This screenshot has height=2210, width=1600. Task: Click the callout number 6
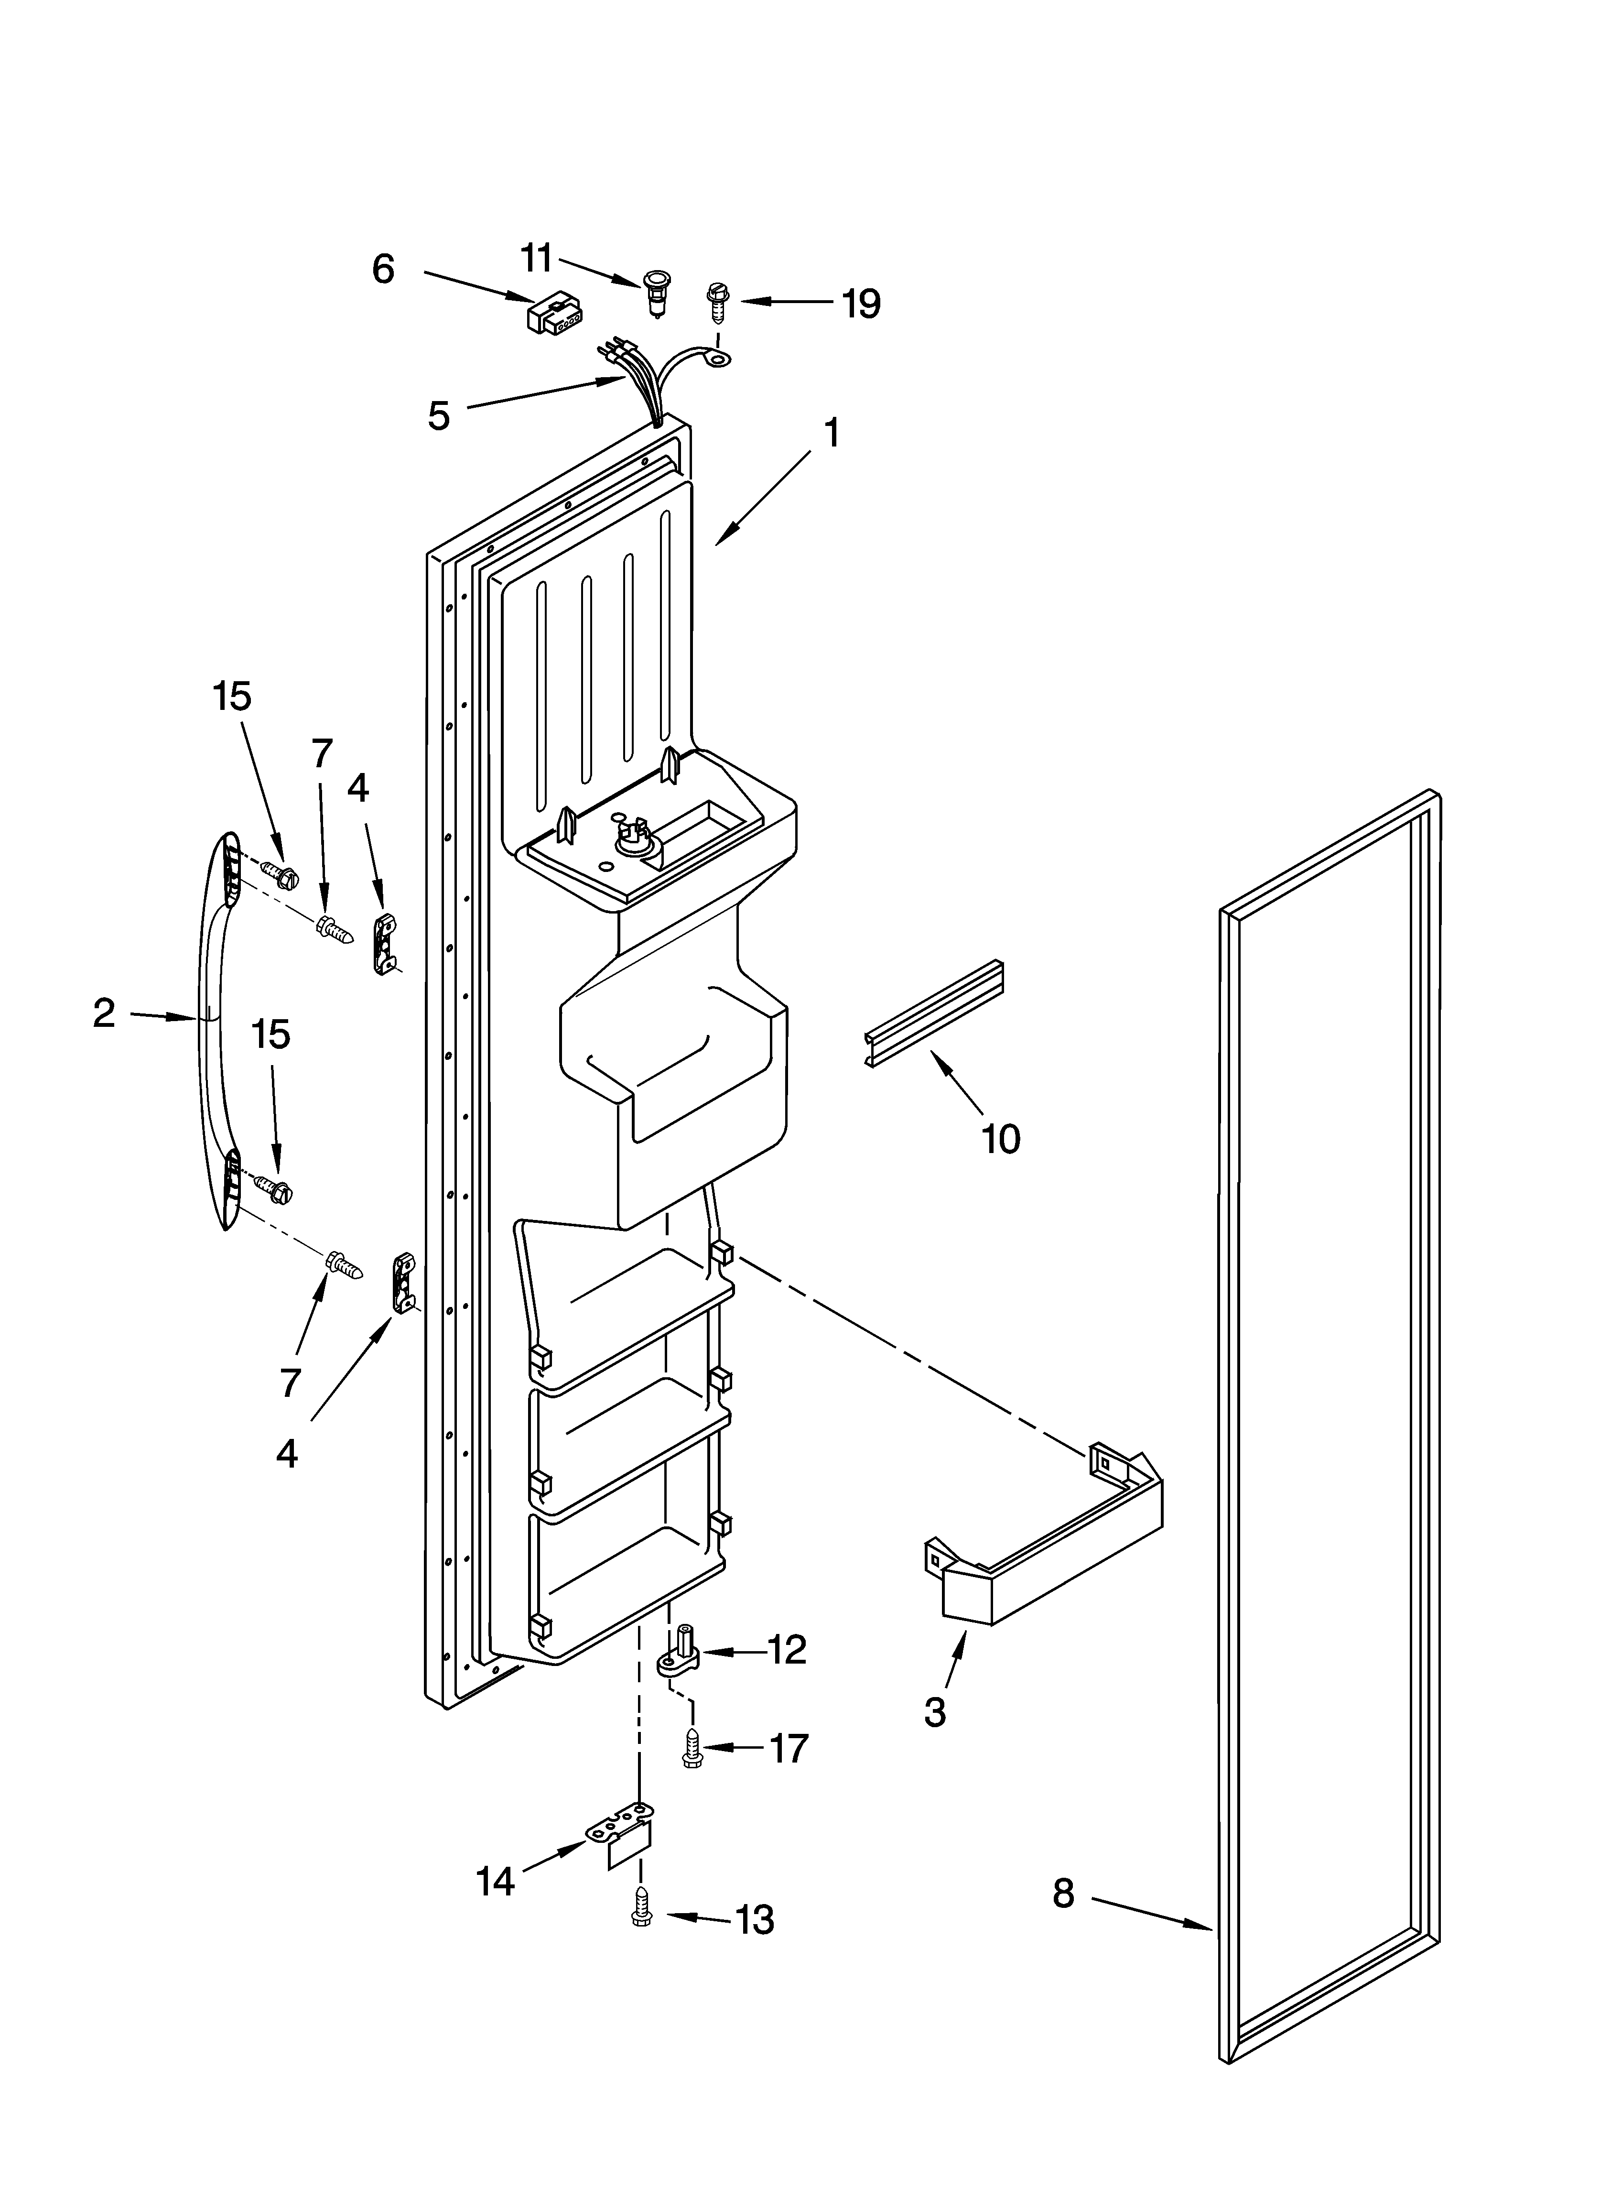(383, 269)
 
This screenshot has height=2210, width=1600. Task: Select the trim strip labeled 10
(933, 1013)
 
